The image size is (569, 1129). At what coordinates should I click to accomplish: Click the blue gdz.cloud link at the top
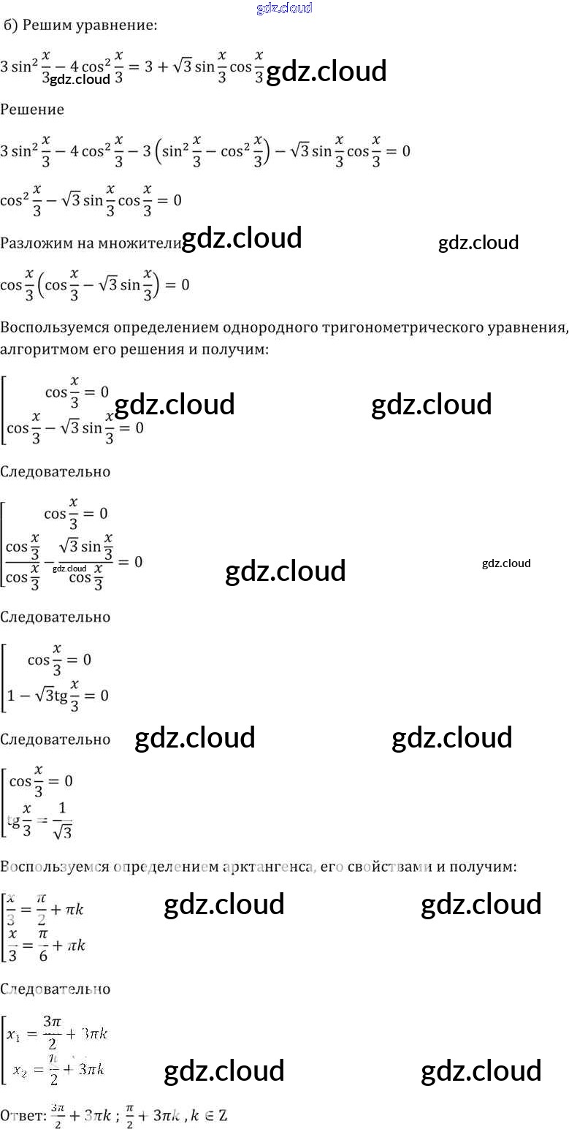pos(285,8)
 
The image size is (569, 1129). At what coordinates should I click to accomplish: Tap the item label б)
pos(10,26)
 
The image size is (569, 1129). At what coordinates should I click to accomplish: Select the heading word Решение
pos(32,110)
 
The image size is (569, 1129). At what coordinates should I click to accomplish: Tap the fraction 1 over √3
pos(62,820)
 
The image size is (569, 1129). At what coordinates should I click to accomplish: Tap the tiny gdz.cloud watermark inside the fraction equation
pos(69,569)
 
